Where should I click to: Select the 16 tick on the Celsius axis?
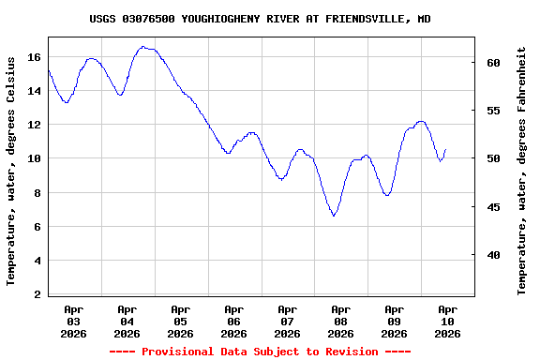(x=34, y=57)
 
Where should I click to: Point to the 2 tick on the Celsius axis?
(x=37, y=294)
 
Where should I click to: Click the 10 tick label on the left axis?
(x=34, y=158)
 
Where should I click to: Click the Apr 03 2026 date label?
(x=73, y=321)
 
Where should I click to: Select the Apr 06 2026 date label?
(x=233, y=321)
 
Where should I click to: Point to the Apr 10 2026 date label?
(x=447, y=321)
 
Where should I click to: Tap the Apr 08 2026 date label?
(x=340, y=321)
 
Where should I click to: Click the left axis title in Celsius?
(x=11, y=171)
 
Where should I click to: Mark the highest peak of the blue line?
(x=143, y=46)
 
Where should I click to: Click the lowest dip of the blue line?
(x=334, y=217)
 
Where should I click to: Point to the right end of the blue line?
(x=445, y=149)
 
